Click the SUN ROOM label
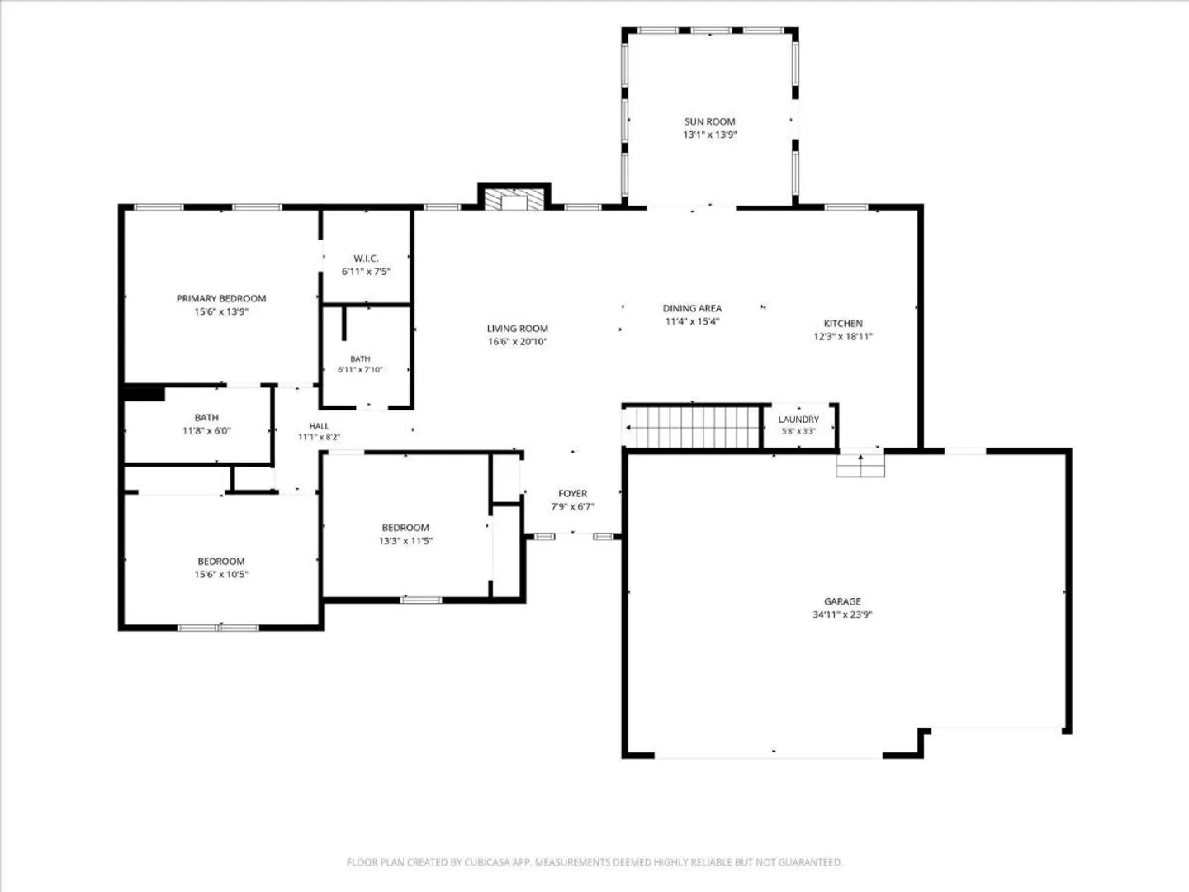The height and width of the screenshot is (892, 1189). (709, 122)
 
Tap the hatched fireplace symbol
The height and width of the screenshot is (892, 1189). (514, 199)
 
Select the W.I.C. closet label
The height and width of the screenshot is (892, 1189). (366, 259)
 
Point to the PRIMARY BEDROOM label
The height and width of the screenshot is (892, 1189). (221, 298)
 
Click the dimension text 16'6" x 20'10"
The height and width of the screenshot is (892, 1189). (518, 342)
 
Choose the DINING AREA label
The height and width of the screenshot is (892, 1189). (692, 308)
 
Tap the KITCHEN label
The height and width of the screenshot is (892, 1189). (843, 323)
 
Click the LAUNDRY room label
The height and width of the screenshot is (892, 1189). (798, 420)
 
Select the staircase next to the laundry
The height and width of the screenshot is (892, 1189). (692, 427)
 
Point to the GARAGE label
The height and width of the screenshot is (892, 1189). (842, 601)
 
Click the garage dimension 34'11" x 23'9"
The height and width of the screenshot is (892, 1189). (842, 614)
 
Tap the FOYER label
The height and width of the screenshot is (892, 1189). (572, 493)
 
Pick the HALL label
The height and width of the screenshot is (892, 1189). (319, 426)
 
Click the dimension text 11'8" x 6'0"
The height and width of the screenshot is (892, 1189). (206, 431)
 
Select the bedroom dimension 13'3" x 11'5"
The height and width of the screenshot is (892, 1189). (405, 540)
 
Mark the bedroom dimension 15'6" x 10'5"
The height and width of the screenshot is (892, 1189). (221, 574)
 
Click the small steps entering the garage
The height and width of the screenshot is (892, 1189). (860, 465)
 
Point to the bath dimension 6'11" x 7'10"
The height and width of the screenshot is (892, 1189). (360, 370)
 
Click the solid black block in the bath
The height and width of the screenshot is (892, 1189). (144, 394)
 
